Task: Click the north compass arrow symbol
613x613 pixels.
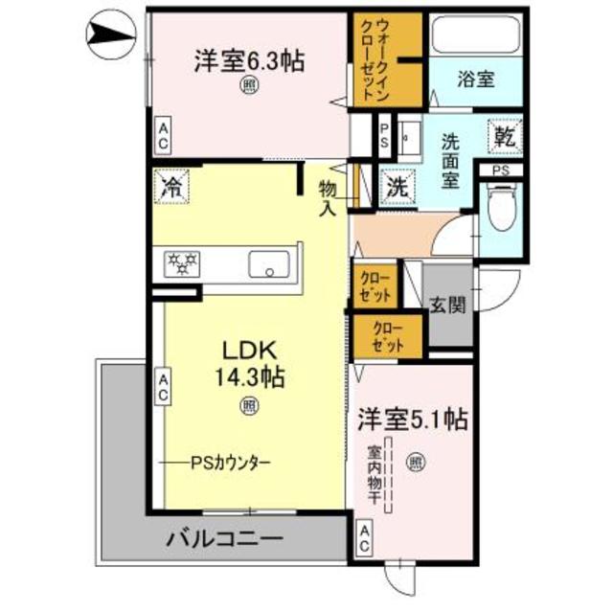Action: (x=107, y=35)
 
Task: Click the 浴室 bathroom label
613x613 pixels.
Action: (x=475, y=79)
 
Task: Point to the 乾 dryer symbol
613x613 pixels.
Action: (x=505, y=136)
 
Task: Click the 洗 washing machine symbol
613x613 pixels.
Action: (x=395, y=186)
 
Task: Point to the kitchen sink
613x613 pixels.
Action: (x=273, y=261)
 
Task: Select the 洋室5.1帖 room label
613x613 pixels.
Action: (x=413, y=419)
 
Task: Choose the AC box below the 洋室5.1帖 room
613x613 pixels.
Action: (x=365, y=538)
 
